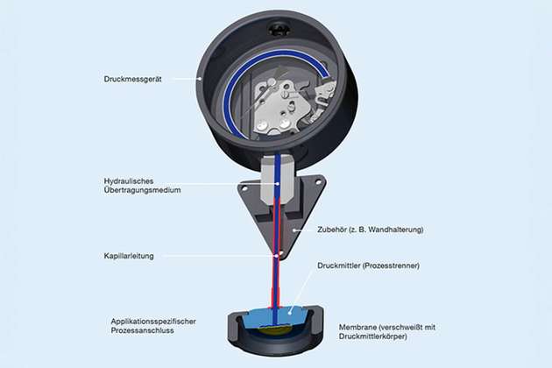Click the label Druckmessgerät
pyautogui.click(x=132, y=79)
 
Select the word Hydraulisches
pyautogui.click(x=129, y=181)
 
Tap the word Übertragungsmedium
pyautogui.click(x=142, y=190)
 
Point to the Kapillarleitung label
pyautogui.click(x=129, y=256)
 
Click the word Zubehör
pyautogui.click(x=331, y=230)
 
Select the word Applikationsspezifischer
pyautogui.click(x=153, y=322)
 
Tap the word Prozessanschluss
pyautogui.click(x=142, y=330)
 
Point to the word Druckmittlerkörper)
pyautogui.click(x=373, y=336)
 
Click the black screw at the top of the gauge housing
pyautogui.click(x=280, y=29)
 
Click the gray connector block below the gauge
pyautogui.click(x=277, y=178)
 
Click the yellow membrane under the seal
pyautogui.click(x=276, y=329)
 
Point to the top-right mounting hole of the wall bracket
pyautogui.click(x=318, y=182)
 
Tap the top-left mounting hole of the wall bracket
pyautogui.click(x=244, y=189)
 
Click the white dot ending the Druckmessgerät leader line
pyautogui.click(x=200, y=79)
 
